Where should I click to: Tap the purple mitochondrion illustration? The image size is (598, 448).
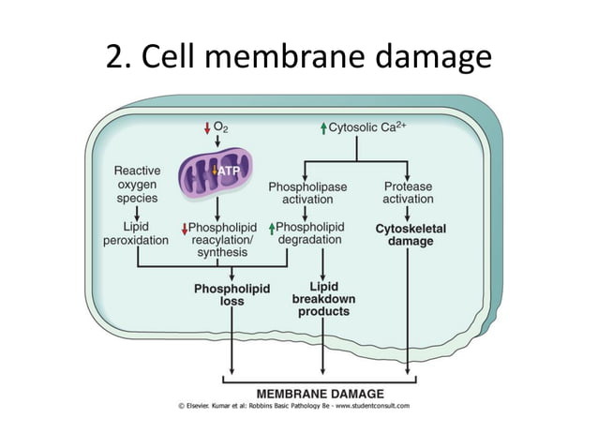click(x=217, y=173)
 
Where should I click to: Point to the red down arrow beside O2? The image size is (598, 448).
click(x=207, y=127)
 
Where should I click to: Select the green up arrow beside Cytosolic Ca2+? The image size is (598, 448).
click(x=323, y=127)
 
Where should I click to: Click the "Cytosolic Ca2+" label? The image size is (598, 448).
click(x=368, y=126)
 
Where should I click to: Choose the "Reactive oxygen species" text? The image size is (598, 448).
click(x=137, y=185)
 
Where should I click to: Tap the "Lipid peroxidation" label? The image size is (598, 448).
click(x=136, y=233)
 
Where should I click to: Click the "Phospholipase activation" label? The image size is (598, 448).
click(x=307, y=193)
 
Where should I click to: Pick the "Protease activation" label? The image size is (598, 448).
click(x=409, y=193)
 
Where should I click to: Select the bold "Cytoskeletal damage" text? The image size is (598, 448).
click(x=410, y=234)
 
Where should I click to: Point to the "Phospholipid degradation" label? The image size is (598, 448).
click(x=310, y=233)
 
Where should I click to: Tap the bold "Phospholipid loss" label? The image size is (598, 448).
click(x=232, y=295)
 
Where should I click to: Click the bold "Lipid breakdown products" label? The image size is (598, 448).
click(x=323, y=298)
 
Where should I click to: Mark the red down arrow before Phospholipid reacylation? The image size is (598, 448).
click(x=185, y=228)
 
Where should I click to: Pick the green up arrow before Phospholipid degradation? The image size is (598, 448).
click(x=272, y=227)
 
